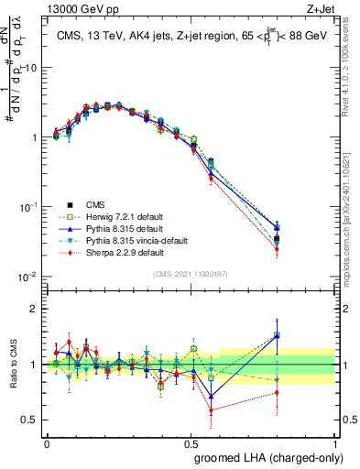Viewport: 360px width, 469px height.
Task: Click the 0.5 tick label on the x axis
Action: pyautogui.click(x=191, y=442)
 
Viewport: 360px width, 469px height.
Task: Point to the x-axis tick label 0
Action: pyautogui.click(x=48, y=442)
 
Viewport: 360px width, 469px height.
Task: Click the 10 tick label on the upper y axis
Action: pyautogui.click(x=31, y=68)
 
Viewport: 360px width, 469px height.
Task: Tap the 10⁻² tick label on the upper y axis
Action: pyautogui.click(x=29, y=277)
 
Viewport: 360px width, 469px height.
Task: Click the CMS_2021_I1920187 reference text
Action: pyautogui.click(x=191, y=274)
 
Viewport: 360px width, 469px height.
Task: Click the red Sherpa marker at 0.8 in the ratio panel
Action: pyautogui.click(x=276, y=393)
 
